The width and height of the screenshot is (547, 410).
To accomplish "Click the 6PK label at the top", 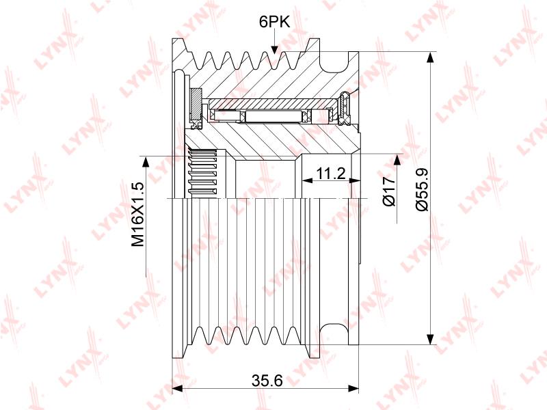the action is click(275, 22).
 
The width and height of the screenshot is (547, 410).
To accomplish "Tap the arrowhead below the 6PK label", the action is click(275, 49).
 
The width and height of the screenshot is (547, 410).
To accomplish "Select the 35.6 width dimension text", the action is click(267, 381).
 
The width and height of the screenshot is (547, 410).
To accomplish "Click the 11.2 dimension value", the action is click(330, 173).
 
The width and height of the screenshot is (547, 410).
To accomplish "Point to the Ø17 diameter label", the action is click(390, 191).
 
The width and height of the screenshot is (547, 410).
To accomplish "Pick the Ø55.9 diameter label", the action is click(422, 189).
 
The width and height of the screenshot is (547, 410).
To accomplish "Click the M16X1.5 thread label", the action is click(137, 214).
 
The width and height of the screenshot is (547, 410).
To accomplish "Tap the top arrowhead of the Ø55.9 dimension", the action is click(431, 58).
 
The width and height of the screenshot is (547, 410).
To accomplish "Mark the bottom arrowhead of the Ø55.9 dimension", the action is click(431, 338).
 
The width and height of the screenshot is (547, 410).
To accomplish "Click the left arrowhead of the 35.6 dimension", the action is click(178, 388).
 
